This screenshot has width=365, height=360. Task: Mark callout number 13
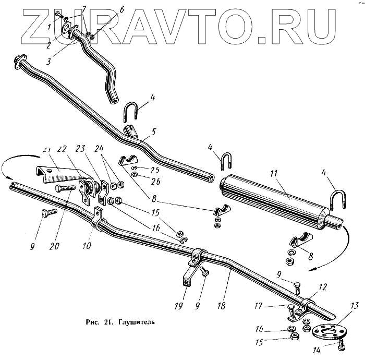[356, 306]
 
